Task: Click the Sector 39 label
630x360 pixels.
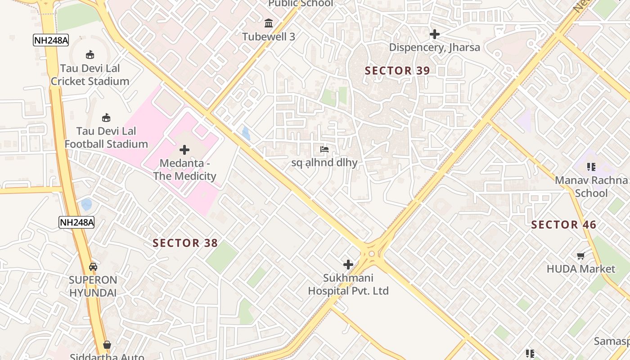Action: coord(397,71)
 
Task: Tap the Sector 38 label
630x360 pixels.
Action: coord(185,243)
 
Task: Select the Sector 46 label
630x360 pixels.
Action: coord(563,225)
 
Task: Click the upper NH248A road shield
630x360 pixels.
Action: coord(51,40)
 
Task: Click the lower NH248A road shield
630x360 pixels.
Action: coord(76,222)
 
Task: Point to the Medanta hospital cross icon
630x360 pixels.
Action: coord(184,150)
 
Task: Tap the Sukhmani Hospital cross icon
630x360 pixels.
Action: coord(348,265)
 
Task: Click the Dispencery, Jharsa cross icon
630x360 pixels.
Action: coord(434,34)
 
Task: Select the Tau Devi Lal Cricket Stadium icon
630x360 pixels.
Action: coord(90,55)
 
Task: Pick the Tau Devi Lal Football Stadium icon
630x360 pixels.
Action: coord(106,118)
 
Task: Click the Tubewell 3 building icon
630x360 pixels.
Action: coord(269,23)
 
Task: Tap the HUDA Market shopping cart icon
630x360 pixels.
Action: coord(580,256)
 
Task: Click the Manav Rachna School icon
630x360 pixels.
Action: coord(591,167)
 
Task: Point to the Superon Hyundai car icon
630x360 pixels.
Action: coord(93,266)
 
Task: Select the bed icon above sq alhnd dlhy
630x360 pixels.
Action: coord(324,149)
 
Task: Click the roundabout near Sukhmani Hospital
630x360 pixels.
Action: coord(371,254)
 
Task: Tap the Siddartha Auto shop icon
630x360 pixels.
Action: coord(107,345)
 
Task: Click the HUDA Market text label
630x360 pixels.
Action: coord(580,269)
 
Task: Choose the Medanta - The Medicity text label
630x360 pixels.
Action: coord(184,170)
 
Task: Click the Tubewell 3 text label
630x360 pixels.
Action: coord(269,37)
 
